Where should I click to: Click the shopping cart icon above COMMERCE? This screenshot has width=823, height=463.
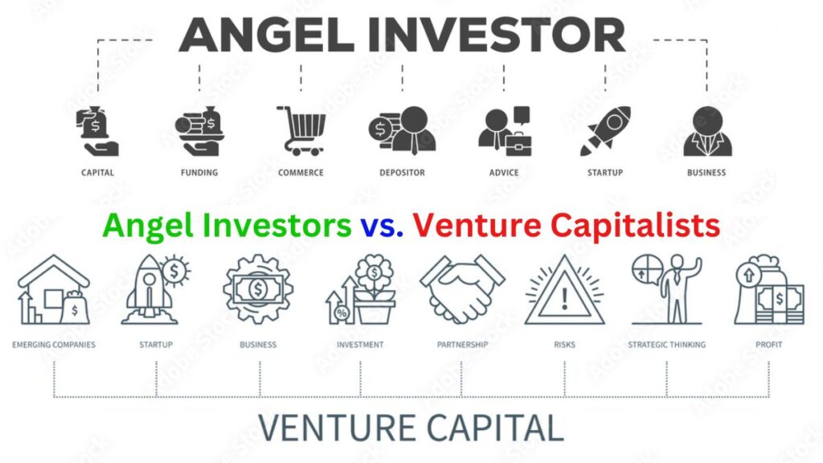(301, 131)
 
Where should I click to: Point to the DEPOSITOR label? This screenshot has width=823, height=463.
(402, 173)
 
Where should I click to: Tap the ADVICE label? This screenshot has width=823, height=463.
(504, 173)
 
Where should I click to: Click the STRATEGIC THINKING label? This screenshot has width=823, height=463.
(666, 345)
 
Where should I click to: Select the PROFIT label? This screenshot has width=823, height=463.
(768, 345)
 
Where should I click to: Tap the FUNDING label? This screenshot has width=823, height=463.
(199, 173)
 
